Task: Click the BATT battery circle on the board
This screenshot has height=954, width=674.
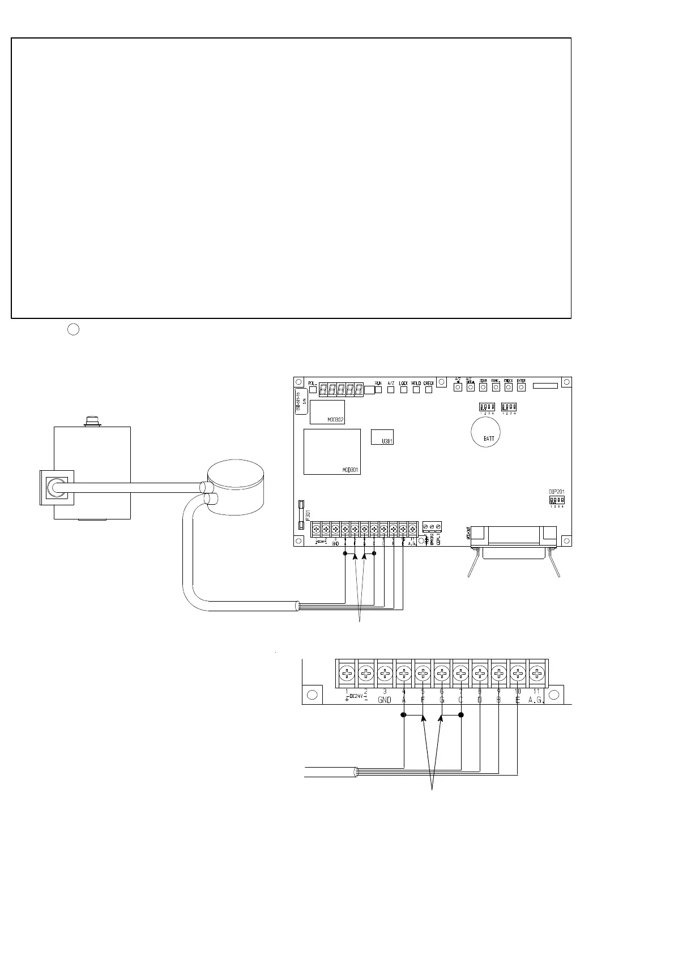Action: [485, 432]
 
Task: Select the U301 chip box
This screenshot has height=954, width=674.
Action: [382, 437]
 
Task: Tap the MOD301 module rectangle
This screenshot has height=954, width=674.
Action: [332, 451]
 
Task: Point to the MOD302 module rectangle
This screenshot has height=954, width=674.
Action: [327, 411]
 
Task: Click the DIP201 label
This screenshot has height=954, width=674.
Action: [557, 491]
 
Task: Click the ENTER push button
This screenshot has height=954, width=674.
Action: [521, 387]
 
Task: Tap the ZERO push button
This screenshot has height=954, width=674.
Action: [483, 387]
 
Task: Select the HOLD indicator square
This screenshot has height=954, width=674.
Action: [416, 390]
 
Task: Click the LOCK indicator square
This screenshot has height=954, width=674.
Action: [403, 390]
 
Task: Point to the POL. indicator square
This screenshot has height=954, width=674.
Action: [312, 390]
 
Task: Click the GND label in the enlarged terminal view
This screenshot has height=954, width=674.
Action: [385, 700]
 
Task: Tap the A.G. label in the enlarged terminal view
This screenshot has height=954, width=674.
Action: [536, 700]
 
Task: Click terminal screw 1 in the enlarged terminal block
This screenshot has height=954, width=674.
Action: [346, 674]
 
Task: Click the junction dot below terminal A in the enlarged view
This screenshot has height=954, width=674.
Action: [403, 715]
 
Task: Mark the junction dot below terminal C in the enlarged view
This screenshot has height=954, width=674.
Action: [461, 715]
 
